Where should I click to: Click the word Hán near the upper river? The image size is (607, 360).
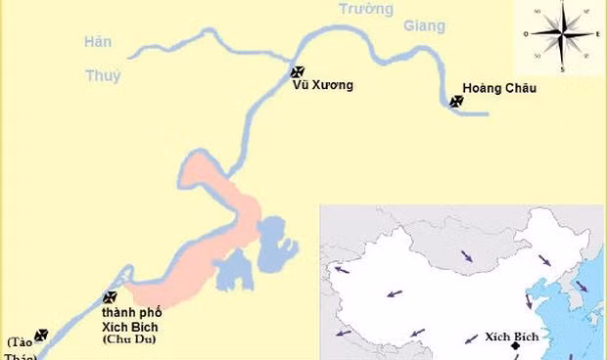[x=99, y=42]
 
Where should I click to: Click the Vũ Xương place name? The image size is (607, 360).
[x=322, y=85]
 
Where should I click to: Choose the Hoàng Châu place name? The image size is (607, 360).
[x=500, y=88]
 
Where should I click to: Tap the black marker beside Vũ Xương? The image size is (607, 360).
[x=299, y=71]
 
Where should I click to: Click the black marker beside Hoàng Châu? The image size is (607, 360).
[x=456, y=100]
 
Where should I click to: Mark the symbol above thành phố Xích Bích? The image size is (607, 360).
[x=111, y=297]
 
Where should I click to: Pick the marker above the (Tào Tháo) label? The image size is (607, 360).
[x=41, y=335]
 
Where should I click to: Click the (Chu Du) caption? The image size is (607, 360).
[x=129, y=339]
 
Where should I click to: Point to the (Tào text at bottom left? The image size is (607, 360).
[x=20, y=342]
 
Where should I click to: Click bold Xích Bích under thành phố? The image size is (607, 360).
[x=130, y=326]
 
